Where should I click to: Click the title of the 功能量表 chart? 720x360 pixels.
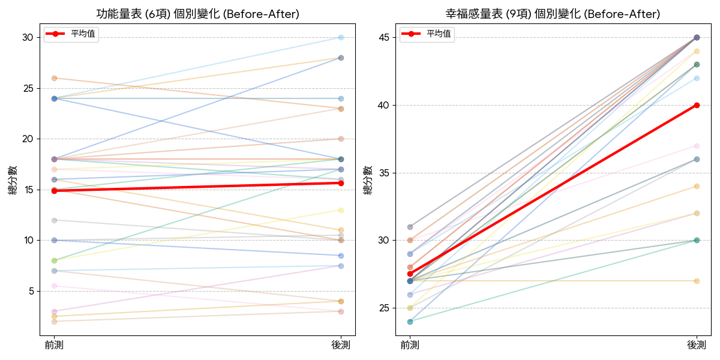tap(197, 14)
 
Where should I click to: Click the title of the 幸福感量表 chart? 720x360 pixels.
tap(552, 14)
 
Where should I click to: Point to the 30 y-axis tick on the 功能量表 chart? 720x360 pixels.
tap(28, 38)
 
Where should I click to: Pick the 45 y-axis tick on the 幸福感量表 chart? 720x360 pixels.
tap(383, 38)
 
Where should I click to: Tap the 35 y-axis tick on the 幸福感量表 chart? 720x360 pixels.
tap(383, 173)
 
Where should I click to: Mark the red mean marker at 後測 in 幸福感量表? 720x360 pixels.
tap(697, 105)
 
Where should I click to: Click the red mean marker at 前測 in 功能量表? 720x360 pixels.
tap(54, 191)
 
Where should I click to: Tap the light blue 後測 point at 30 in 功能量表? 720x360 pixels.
tap(341, 37)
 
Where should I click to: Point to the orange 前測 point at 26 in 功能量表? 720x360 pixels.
tap(54, 78)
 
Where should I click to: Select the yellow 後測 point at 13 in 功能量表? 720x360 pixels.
tap(341, 210)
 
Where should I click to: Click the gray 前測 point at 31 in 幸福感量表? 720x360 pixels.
tap(410, 227)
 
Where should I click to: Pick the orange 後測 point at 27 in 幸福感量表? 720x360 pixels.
tap(697, 281)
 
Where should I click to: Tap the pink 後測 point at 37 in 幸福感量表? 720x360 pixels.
tap(697, 146)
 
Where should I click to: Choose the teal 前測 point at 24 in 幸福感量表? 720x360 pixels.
tap(410, 322)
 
